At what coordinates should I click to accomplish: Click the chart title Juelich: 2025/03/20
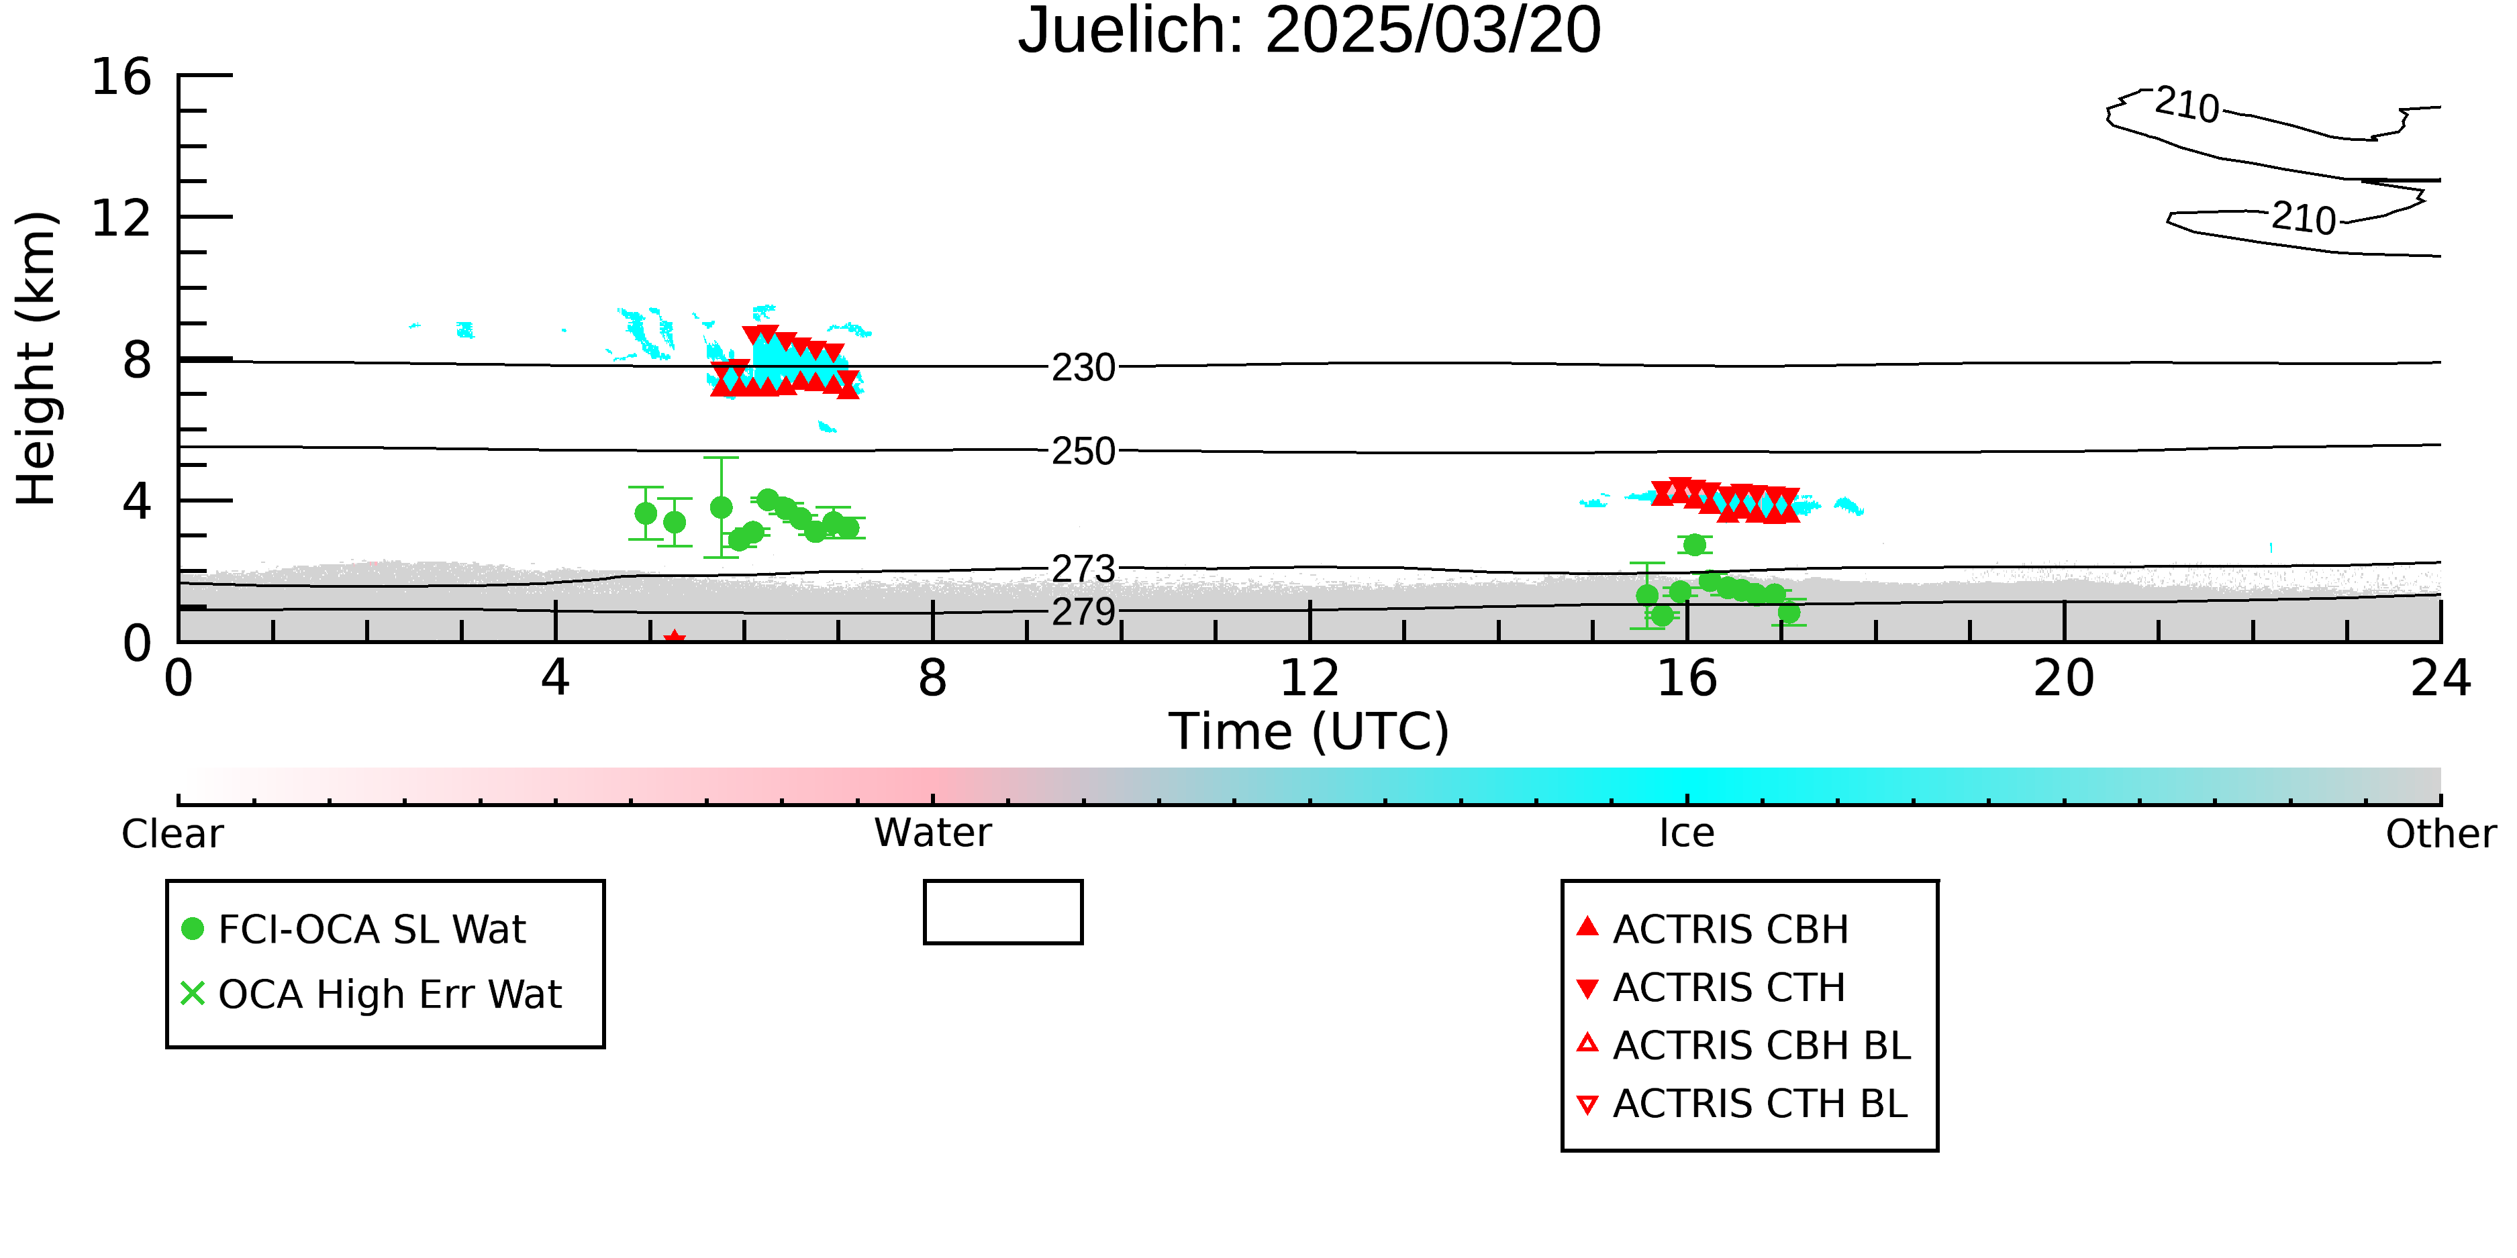[1310, 32]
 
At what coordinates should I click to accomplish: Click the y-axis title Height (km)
[37, 358]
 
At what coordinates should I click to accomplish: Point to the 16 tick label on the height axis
[122, 77]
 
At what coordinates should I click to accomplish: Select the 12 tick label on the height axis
[122, 218]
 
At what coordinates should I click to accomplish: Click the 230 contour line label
[1083, 368]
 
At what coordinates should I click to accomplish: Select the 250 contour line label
[1083, 452]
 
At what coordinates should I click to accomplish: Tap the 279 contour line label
[1083, 613]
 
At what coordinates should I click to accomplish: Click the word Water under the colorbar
[933, 833]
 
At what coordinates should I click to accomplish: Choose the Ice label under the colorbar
[1687, 833]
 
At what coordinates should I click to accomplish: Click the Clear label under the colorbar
[172, 834]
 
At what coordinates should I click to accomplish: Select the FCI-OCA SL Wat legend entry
[354, 929]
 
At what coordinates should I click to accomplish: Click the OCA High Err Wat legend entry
[371, 994]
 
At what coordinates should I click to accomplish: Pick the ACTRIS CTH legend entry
[1711, 988]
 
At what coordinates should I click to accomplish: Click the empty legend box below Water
[1003, 912]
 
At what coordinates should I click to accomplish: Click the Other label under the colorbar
[2440, 834]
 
